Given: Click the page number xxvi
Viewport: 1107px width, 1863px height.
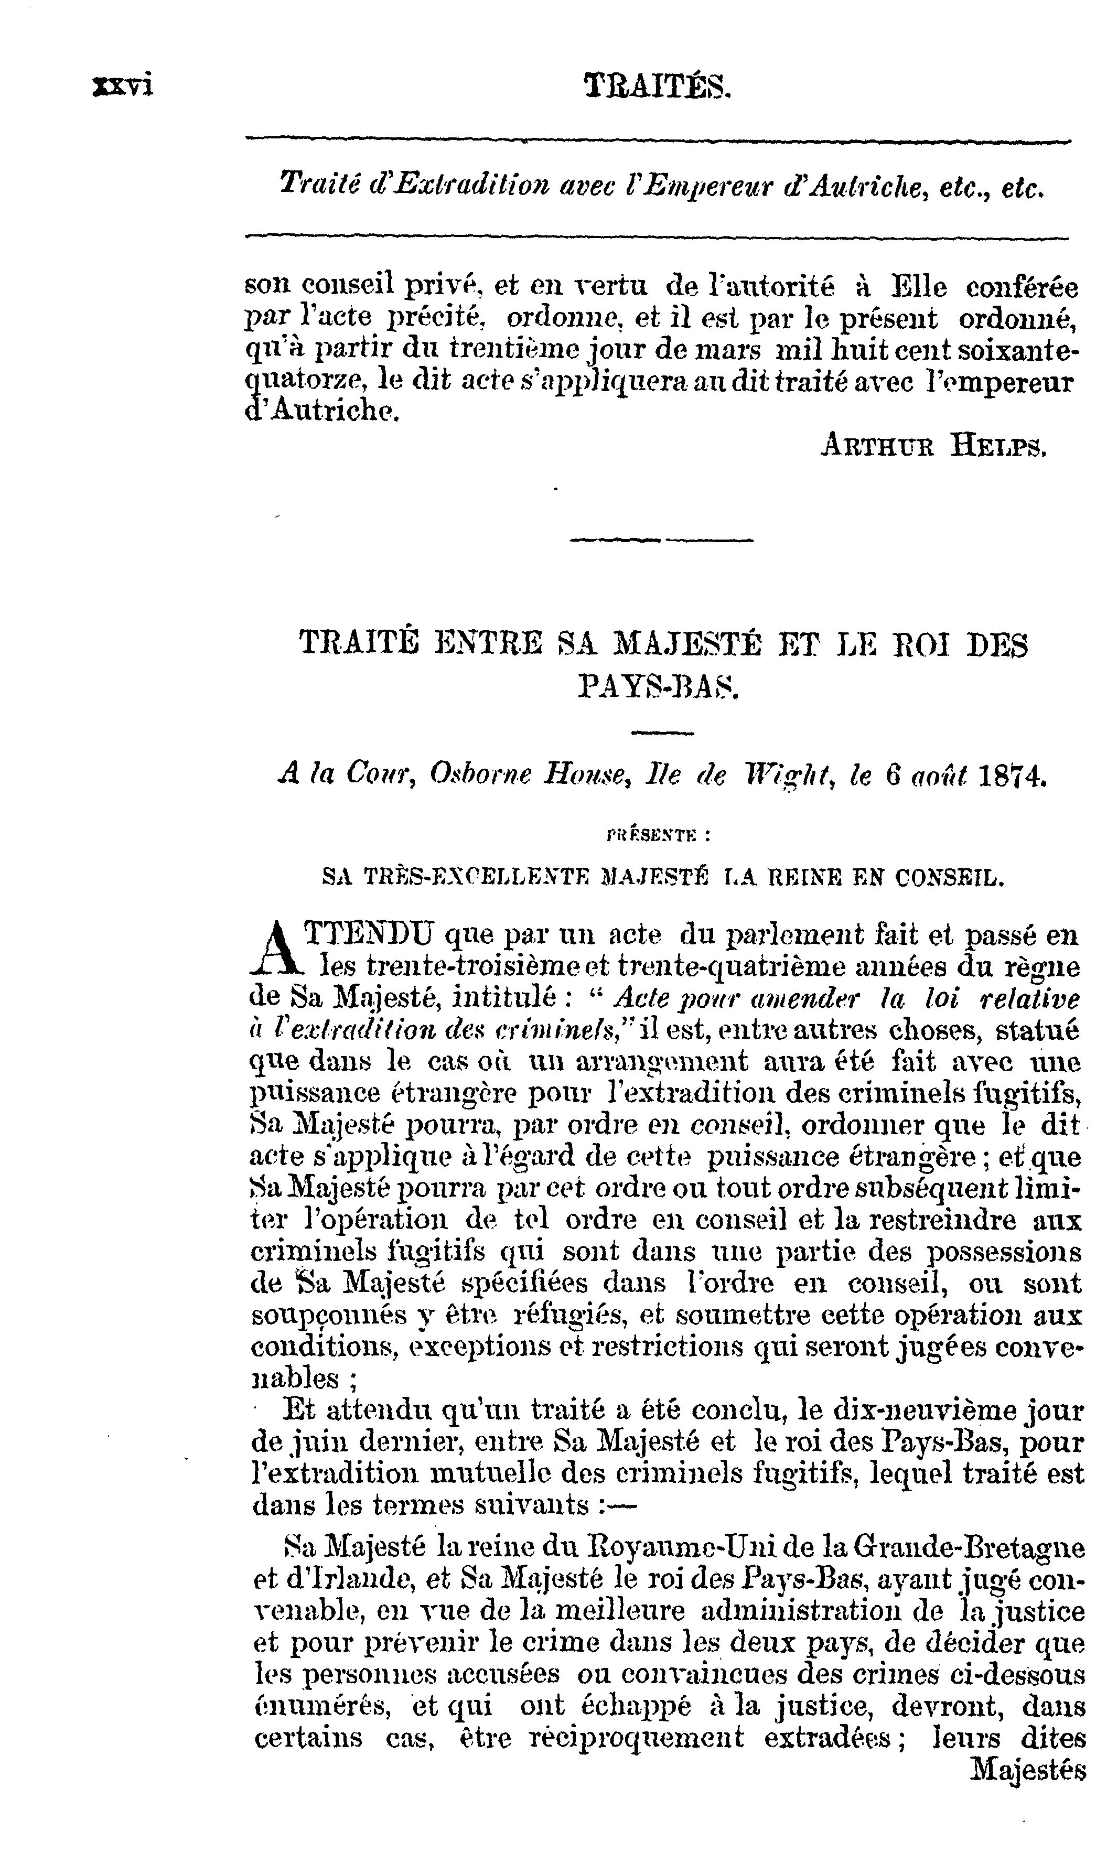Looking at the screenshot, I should [x=122, y=87].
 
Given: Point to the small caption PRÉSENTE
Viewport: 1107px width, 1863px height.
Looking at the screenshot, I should [x=657, y=836].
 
